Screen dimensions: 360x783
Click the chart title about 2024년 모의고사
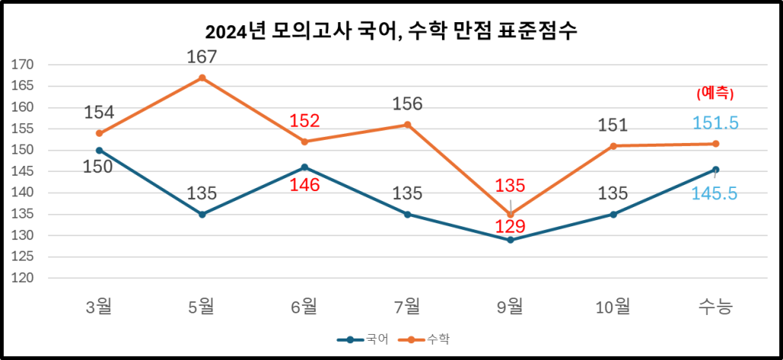click(391, 32)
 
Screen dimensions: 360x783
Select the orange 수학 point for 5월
click(202, 78)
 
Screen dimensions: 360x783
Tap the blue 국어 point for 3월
click(99, 151)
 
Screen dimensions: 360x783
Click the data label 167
click(202, 57)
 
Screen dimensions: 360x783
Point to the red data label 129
click(509, 227)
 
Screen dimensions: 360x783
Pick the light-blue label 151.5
click(715, 123)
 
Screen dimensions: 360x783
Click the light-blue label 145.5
click(714, 194)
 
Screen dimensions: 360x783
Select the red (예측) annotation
click(715, 93)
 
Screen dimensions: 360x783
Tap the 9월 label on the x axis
click(509, 307)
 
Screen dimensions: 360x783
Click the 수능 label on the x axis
click(715, 307)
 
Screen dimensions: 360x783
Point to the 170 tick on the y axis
click(25, 65)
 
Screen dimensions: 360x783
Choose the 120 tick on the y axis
click(25, 279)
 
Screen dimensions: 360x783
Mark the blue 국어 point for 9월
click(510, 240)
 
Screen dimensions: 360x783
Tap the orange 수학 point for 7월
click(408, 125)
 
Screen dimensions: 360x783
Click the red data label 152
click(304, 121)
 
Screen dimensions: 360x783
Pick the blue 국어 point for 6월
click(304, 167)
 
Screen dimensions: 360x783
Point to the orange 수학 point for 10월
click(612, 146)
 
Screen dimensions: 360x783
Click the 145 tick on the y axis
click(25, 172)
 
